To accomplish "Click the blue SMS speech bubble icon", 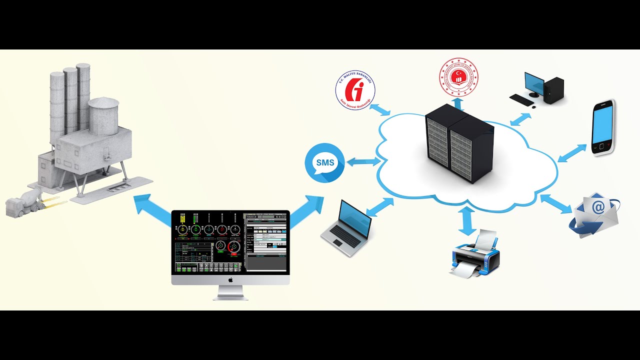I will click(x=324, y=162).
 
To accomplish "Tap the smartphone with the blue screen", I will click(x=602, y=128).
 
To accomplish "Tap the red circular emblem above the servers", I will click(x=458, y=77).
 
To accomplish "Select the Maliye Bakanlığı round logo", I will click(x=355, y=90).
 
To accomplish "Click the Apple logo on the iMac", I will click(x=230, y=280).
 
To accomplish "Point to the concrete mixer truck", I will click(x=25, y=202).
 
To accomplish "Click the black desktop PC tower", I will click(x=553, y=90).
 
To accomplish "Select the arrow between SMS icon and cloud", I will click(x=363, y=162).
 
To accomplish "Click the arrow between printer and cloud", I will click(x=467, y=220).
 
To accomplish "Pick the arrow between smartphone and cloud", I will click(x=572, y=153).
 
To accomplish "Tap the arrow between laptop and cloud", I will click(x=380, y=206).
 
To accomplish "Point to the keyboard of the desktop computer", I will click(x=521, y=99).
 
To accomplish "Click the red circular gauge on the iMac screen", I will click(x=233, y=246).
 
